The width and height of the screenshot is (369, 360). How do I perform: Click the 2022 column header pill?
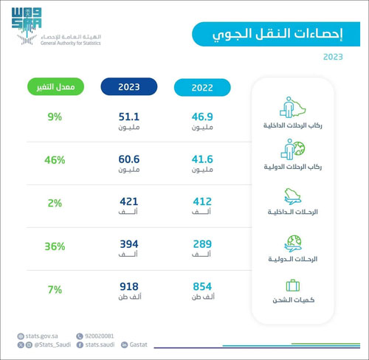[x=202, y=87]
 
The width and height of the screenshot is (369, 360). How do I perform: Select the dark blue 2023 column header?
[x=129, y=87]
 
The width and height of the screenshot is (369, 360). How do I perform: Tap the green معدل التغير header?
[x=55, y=87]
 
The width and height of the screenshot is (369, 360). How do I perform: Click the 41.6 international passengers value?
[x=202, y=159]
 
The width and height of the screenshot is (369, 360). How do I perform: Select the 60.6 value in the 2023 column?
[x=129, y=159]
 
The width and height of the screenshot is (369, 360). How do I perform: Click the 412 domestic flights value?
[x=202, y=201]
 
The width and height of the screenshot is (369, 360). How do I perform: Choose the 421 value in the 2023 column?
[x=129, y=201]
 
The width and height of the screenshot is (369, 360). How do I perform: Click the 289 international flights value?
[x=202, y=243]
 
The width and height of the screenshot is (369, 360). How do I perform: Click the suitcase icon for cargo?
[x=292, y=285]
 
